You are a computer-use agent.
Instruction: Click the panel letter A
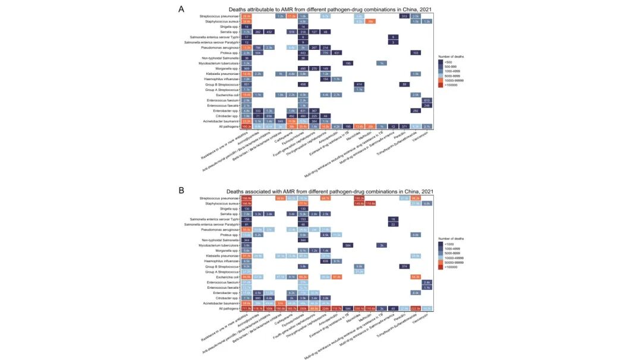181,9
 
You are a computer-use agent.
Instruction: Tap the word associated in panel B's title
265,191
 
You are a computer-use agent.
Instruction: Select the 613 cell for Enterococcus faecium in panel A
427,100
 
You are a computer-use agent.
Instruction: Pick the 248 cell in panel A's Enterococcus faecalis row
427,105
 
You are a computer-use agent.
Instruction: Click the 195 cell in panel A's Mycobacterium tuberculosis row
348,63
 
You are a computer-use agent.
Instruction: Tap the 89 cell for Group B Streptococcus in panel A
404,84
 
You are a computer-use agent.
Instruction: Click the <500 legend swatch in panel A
441,61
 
